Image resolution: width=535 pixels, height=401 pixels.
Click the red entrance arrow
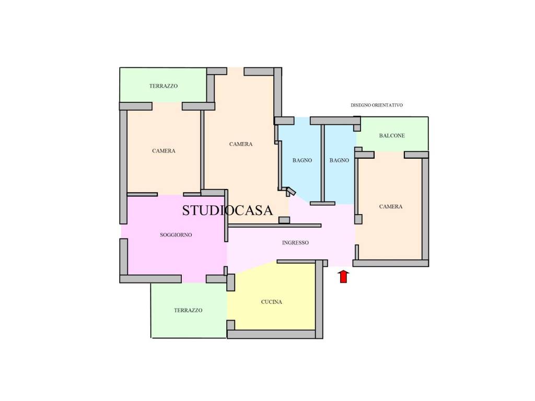(x=344, y=277)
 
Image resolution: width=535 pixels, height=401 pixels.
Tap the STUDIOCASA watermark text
(x=228, y=210)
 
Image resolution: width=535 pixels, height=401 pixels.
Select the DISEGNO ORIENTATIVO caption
(x=377, y=105)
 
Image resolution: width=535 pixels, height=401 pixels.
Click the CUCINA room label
(x=272, y=302)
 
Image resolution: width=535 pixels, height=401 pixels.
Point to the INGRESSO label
(x=296, y=243)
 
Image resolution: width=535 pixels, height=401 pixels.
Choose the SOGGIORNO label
(x=176, y=234)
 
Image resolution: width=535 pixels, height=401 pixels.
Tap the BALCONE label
(x=392, y=135)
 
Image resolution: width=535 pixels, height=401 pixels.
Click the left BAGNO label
(x=303, y=160)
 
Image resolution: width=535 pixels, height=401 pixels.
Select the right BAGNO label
(x=339, y=160)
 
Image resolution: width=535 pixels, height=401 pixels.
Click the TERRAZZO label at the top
(x=164, y=86)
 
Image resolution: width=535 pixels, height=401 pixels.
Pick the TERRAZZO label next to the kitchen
(x=188, y=310)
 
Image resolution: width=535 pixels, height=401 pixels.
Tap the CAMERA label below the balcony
(x=391, y=206)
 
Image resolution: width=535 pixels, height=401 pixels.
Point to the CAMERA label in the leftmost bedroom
(x=164, y=151)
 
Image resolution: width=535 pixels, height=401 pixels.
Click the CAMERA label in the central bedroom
(x=241, y=144)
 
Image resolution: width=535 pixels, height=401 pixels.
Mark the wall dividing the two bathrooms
(x=322, y=163)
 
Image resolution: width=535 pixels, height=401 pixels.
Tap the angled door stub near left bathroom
(x=290, y=191)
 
